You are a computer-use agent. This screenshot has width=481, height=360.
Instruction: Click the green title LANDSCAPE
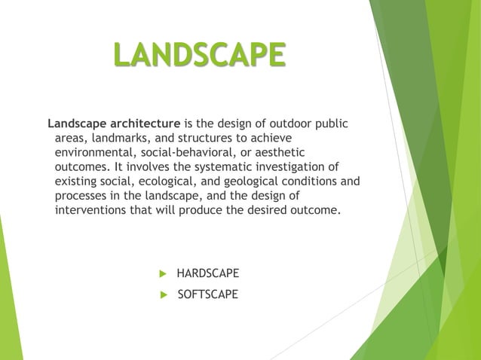(199, 55)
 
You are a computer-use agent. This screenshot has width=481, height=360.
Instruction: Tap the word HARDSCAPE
(207, 273)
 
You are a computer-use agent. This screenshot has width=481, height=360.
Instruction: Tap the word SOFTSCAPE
(207, 294)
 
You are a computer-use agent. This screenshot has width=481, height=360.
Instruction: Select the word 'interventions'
(90, 209)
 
